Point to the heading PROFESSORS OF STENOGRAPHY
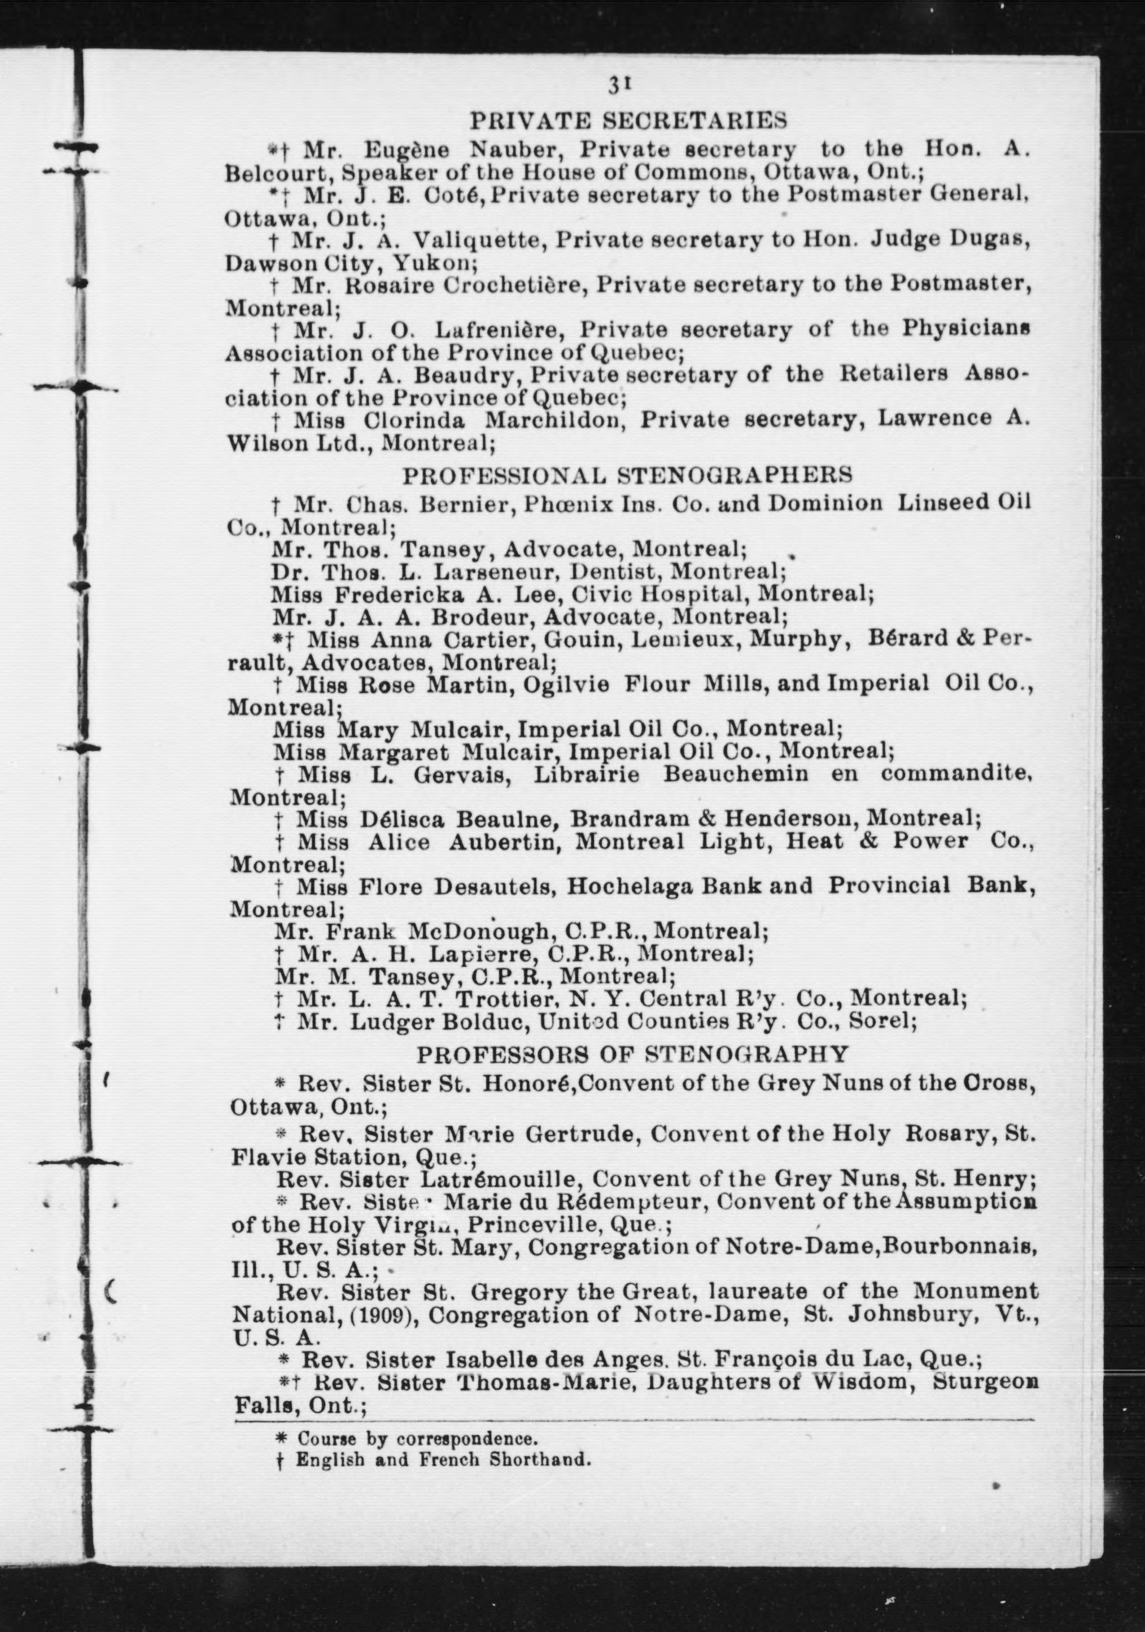tap(632, 1054)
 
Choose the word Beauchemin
tap(735, 773)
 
